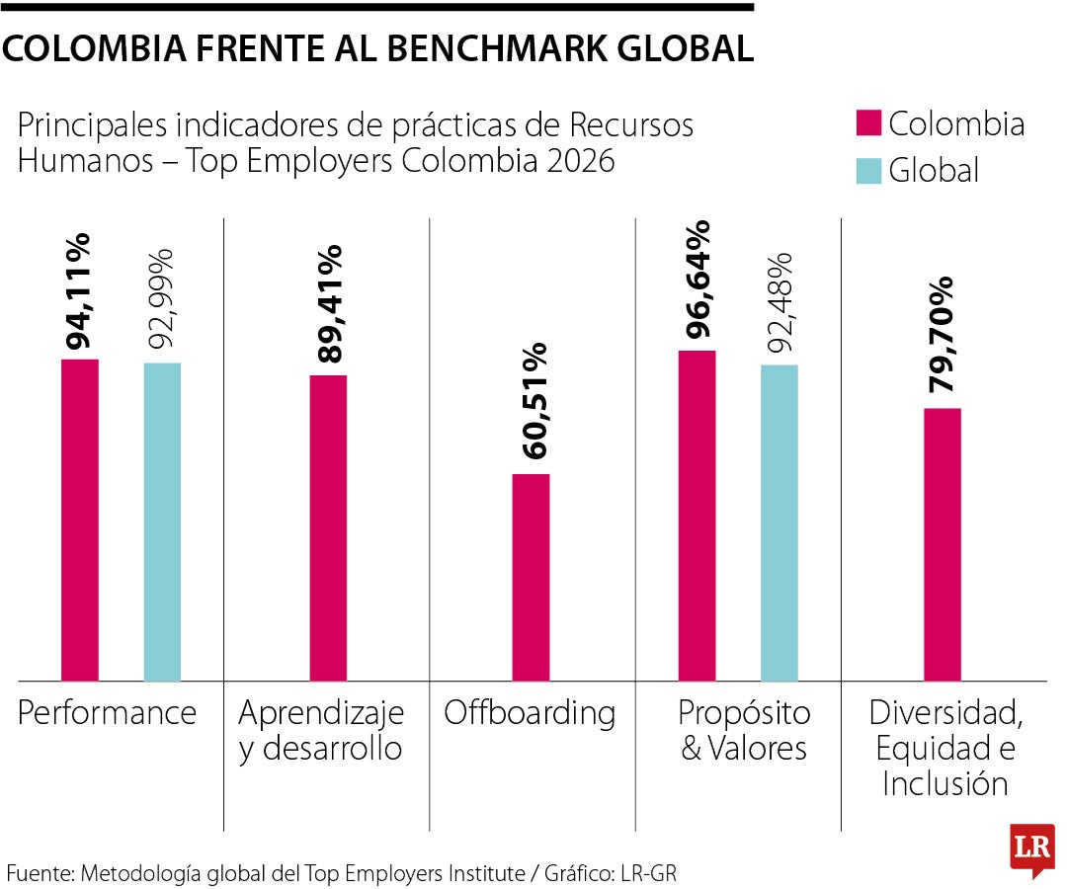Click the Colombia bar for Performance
pos(80,520)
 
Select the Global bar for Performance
pos(162,522)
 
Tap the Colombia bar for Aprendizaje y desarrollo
pos(328,527)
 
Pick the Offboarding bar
pos(532,577)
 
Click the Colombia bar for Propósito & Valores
pos(698,516)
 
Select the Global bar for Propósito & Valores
pos(780,523)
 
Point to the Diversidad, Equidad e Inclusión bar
pos(943,544)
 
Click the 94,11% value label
pos(79,292)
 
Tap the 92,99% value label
pos(161,297)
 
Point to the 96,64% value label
pos(698,283)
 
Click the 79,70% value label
pos(942,334)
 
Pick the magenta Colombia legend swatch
pos(866,123)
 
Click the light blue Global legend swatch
pos(866,171)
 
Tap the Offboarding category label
pos(530,712)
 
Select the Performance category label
pos(107,712)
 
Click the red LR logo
pos(1031,849)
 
